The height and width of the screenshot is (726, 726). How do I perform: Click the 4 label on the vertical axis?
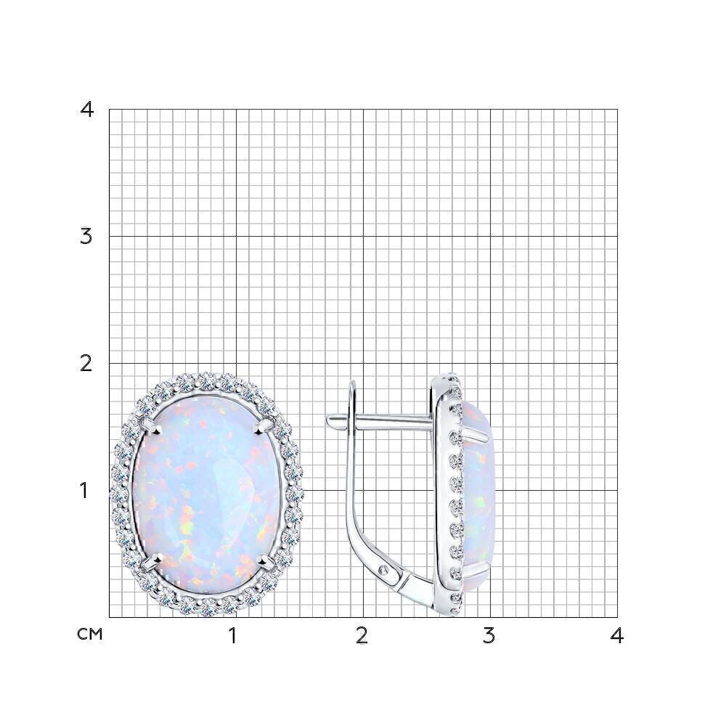pyautogui.click(x=87, y=110)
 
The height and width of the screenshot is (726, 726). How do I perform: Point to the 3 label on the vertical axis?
pyautogui.click(x=86, y=237)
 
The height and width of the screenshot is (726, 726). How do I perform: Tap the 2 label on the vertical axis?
pyautogui.click(x=86, y=364)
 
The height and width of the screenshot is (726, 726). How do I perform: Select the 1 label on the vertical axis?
pyautogui.click(x=84, y=491)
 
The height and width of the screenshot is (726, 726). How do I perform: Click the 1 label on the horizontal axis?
pyautogui.click(x=233, y=636)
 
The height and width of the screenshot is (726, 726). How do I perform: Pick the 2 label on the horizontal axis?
pyautogui.click(x=362, y=636)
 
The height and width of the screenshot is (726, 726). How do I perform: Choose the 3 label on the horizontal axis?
pyautogui.click(x=489, y=636)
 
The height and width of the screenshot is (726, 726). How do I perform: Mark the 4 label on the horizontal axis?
pyautogui.click(x=616, y=636)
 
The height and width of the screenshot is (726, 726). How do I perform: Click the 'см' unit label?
pyautogui.click(x=90, y=635)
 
